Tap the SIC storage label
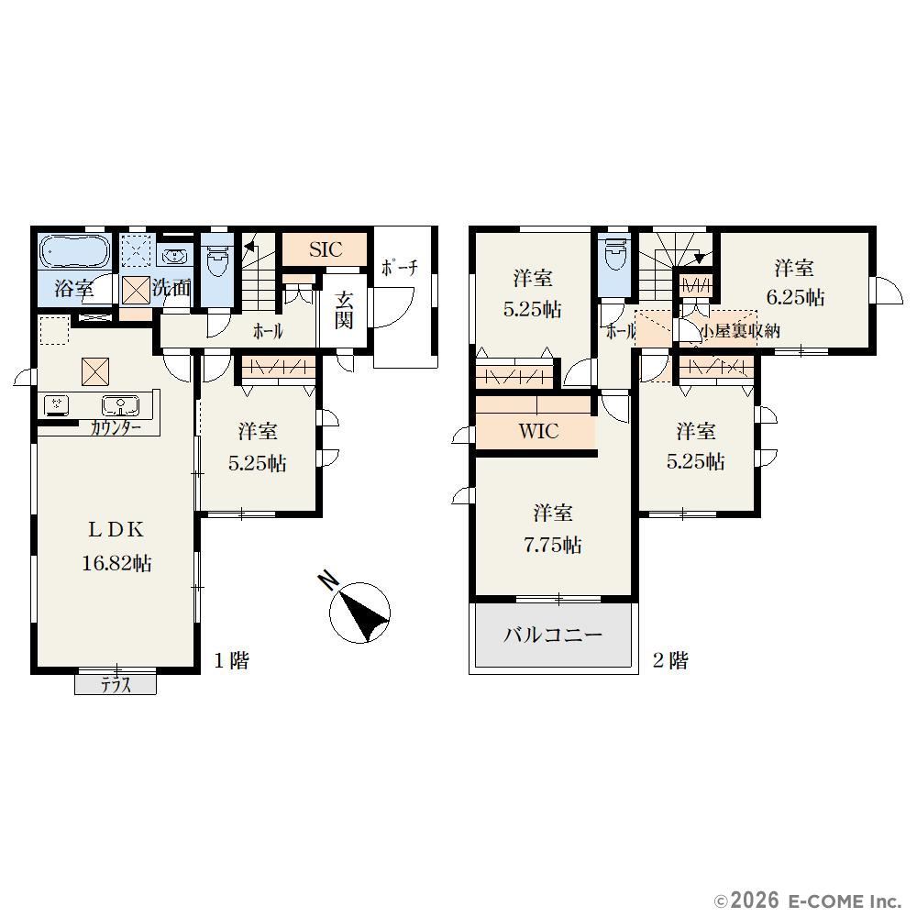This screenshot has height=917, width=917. click(326, 249)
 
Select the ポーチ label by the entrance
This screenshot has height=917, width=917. click(400, 268)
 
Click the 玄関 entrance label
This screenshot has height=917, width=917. click(344, 310)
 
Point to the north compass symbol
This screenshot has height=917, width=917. click(359, 611)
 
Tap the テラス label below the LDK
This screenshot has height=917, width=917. click(116, 685)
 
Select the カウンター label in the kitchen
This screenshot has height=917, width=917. click(116, 428)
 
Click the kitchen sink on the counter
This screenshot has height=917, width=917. click(120, 404)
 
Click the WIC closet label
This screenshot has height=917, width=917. click(538, 431)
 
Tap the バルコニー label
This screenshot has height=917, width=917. click(553, 635)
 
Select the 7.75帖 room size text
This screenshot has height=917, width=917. click(553, 545)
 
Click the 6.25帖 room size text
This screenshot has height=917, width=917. click(795, 298)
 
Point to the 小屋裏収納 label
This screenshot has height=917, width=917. click(740, 331)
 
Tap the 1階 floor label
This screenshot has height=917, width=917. click(232, 661)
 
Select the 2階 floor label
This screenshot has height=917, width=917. click(670, 661)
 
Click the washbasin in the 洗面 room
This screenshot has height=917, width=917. click(173, 256)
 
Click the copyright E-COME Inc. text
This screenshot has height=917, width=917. click(808, 900)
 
